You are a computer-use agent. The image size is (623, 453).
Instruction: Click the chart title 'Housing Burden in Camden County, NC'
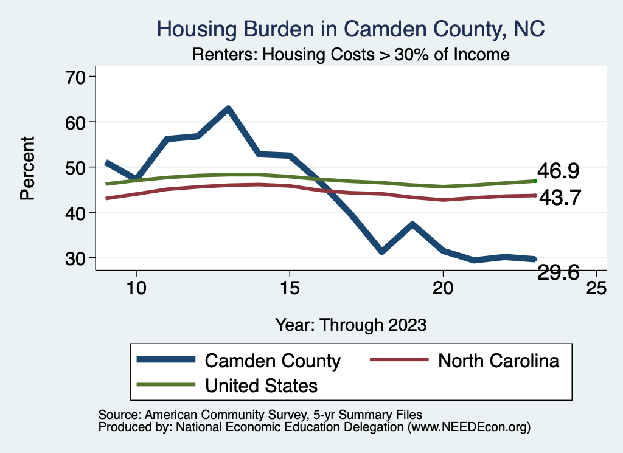click(350, 29)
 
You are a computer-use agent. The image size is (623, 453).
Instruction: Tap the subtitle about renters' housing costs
click(350, 54)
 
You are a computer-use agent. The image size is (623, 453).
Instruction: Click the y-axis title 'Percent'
click(27, 167)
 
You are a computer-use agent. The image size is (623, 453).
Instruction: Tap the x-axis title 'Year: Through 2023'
click(350, 324)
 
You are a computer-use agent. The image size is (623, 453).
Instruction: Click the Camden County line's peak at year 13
click(228, 109)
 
